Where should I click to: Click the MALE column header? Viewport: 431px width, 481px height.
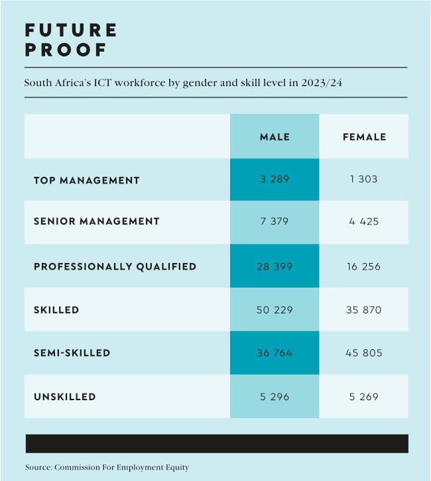(x=275, y=137)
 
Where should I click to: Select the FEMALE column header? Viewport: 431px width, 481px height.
(x=364, y=137)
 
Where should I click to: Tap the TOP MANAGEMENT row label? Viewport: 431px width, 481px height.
(x=87, y=180)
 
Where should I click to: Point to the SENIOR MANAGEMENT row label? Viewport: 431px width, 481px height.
(x=97, y=221)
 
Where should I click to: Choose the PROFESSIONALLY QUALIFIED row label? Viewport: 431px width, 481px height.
(x=115, y=266)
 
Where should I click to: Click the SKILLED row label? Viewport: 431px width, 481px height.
(x=56, y=310)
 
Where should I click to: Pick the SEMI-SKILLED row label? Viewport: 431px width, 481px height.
(x=72, y=353)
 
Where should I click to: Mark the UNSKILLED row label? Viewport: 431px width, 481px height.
(x=65, y=397)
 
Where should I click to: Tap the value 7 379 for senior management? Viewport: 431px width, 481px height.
(x=275, y=221)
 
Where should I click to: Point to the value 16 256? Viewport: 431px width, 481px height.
(x=363, y=266)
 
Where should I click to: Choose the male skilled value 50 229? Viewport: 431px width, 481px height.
(x=275, y=310)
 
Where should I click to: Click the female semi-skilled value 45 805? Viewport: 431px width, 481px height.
(x=363, y=353)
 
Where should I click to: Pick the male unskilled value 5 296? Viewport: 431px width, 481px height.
(x=275, y=397)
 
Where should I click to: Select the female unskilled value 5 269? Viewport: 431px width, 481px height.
(x=363, y=397)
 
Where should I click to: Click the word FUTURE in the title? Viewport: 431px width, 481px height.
(x=71, y=30)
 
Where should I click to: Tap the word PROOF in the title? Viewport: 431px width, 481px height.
(x=66, y=50)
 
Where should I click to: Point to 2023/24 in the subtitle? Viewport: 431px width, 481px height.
(x=322, y=83)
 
